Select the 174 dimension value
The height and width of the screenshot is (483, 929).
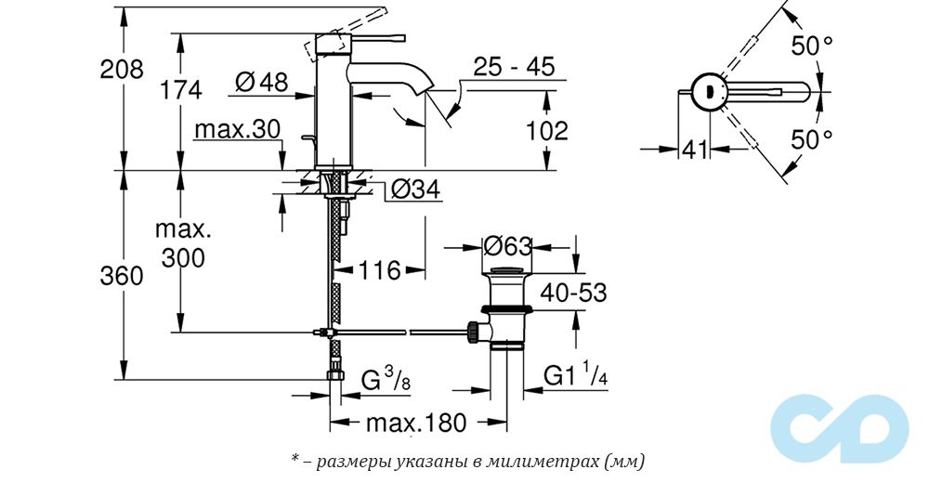click(181, 90)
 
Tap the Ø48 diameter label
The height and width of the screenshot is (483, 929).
click(261, 82)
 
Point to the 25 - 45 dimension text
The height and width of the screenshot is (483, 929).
click(513, 67)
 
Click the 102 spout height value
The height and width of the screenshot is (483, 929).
click(546, 131)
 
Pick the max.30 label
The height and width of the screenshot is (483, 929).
click(238, 130)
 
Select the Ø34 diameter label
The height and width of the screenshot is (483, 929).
click(415, 190)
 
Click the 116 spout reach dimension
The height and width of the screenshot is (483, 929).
click(379, 270)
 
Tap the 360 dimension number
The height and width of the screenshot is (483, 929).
click(123, 276)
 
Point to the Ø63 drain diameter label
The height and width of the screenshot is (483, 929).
click(507, 247)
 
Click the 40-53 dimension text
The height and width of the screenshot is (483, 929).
click(574, 294)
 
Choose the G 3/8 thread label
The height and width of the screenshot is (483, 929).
click(384, 379)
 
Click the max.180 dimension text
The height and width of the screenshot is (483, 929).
click(414, 424)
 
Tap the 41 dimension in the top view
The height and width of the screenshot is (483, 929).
click(694, 148)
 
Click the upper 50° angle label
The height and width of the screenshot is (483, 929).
click(811, 45)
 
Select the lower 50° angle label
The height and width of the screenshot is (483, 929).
click(811, 140)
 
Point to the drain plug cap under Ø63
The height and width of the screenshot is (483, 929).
click(506, 278)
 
